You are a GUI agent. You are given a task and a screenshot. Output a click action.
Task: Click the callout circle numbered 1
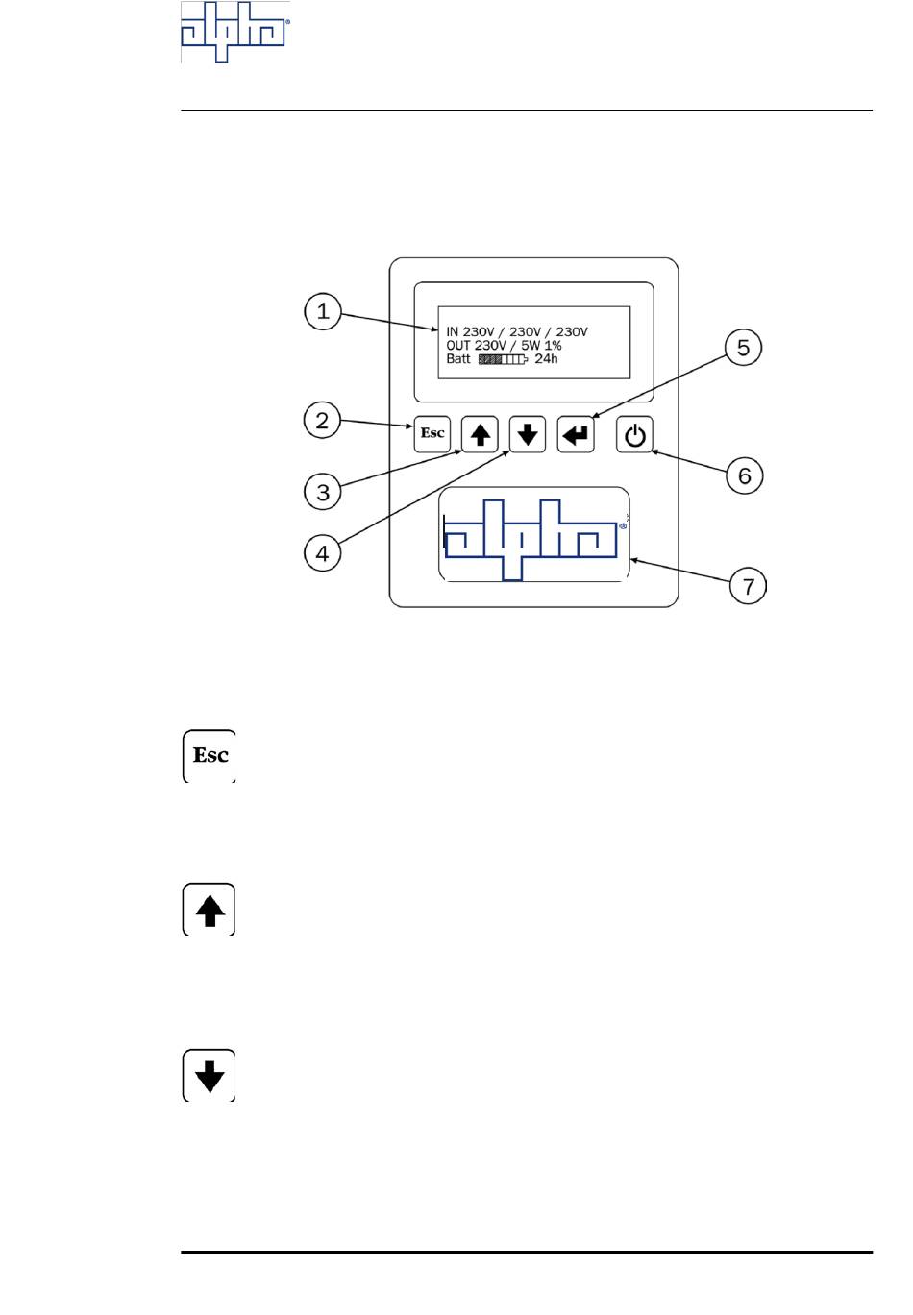[x=323, y=311]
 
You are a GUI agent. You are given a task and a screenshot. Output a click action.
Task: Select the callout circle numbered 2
[x=323, y=420]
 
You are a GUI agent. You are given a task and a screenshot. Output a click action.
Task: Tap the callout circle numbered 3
[x=323, y=492]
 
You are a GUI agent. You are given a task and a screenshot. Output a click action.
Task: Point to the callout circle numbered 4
[x=323, y=552]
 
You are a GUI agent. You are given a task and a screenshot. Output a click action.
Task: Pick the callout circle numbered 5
[x=743, y=347]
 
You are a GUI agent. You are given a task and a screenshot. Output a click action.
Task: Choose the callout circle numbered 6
[x=744, y=475]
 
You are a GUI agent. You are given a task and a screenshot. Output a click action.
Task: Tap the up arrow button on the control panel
[x=480, y=434]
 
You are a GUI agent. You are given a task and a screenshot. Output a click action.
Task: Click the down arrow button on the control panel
[x=527, y=434]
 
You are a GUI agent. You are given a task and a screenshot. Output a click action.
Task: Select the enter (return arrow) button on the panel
[x=576, y=434]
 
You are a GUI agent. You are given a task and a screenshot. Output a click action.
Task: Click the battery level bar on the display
[x=503, y=359]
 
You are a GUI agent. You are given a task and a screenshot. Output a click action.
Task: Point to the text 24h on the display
[x=546, y=359]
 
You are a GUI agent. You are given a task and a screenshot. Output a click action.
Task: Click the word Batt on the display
[x=458, y=359]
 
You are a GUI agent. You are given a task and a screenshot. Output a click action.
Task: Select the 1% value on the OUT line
[x=553, y=346]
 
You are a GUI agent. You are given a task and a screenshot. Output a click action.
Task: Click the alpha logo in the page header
[x=235, y=33]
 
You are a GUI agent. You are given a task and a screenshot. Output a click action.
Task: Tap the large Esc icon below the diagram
[x=210, y=756]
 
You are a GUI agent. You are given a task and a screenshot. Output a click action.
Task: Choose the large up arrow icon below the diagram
[x=210, y=910]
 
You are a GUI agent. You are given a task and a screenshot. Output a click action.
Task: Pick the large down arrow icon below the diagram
[x=210, y=1076]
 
